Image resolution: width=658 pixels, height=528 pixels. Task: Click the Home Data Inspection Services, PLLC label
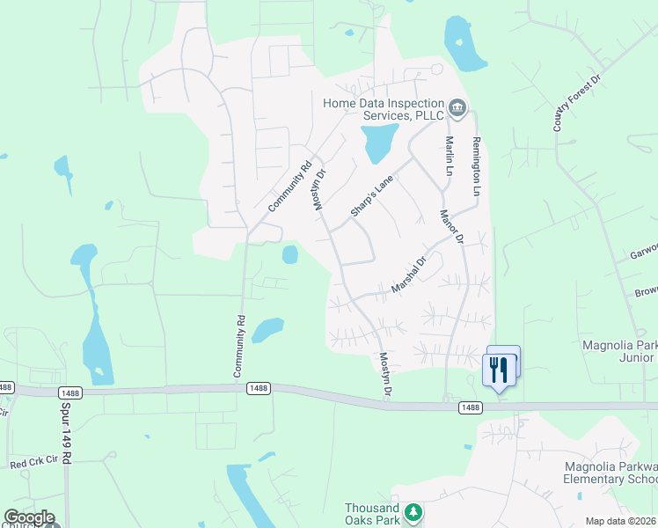pos(384,109)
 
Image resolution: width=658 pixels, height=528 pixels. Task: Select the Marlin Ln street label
pos(449,155)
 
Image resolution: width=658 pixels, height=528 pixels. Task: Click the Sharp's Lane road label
pos(371,195)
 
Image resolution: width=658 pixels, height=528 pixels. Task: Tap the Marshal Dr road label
pos(408,275)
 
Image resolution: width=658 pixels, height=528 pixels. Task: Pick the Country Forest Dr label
pos(576,104)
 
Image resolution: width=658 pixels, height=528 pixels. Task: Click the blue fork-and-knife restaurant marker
pos(500,367)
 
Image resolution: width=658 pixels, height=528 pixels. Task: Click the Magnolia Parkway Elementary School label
pos(610,473)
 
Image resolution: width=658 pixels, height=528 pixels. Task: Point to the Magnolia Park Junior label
pos(619,351)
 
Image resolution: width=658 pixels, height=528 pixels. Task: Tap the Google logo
pos(29,517)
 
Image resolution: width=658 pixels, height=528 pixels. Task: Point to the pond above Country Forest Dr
pos(464,43)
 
